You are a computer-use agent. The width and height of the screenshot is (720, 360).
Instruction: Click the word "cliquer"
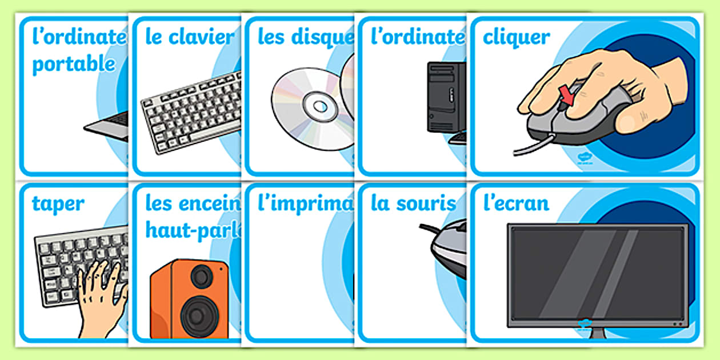(517, 38)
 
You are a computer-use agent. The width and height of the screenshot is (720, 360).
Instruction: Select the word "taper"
(58, 203)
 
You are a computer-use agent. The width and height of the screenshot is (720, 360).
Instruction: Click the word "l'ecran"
(516, 203)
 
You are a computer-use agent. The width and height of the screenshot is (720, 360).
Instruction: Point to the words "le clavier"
(190, 38)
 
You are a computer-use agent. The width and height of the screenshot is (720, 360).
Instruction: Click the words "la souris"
(413, 203)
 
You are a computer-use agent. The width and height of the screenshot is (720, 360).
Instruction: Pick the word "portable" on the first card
(74, 64)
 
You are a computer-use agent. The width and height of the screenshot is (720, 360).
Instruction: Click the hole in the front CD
(315, 105)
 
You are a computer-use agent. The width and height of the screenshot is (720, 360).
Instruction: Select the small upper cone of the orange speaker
(201, 277)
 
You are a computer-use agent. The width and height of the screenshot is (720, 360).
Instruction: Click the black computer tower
(446, 97)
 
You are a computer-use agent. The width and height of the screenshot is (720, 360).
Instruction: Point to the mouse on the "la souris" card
(449, 252)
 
